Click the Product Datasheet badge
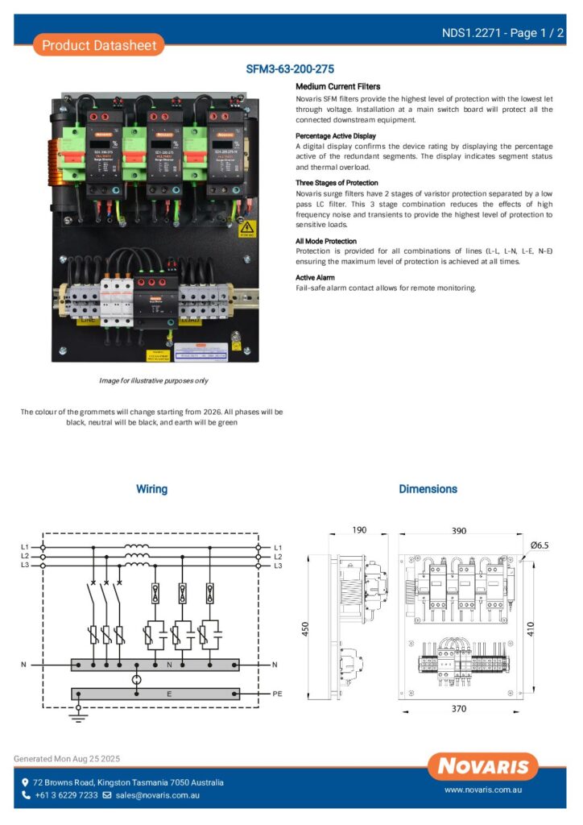click(x=99, y=45)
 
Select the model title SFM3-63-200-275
click(x=290, y=69)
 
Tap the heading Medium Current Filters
click(x=338, y=86)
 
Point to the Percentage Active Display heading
click(x=336, y=136)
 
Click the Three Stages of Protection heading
click(x=337, y=183)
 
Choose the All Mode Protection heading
click(x=326, y=241)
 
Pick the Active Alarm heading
click(x=316, y=277)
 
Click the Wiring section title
click(x=151, y=489)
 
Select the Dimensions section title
click(x=428, y=489)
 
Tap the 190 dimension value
click(x=359, y=530)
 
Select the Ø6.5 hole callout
click(x=540, y=545)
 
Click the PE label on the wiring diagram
click(x=278, y=693)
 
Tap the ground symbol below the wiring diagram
click(x=78, y=714)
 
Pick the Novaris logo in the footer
click(x=483, y=766)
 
